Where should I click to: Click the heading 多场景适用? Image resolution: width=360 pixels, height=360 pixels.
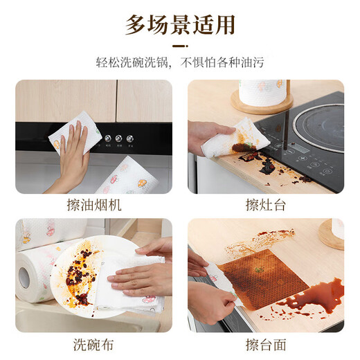180,25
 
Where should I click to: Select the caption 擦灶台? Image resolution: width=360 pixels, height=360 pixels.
266,205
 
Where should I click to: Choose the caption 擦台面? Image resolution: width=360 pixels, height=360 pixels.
266,344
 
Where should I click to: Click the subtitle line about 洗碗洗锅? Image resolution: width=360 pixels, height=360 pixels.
180,61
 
